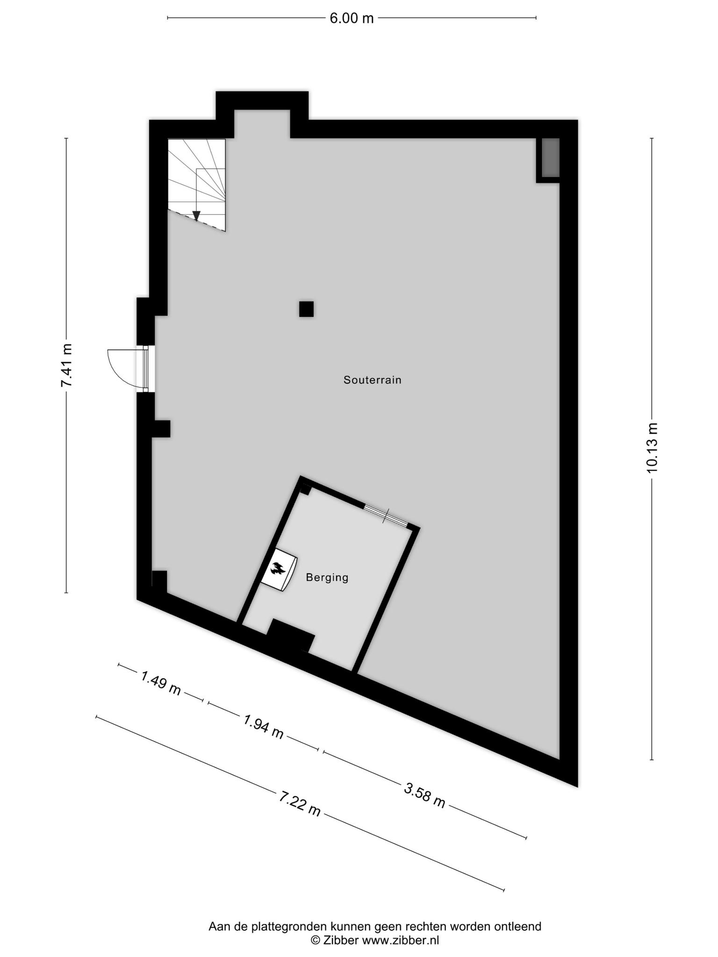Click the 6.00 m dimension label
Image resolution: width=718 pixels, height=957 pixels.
[x=352, y=19]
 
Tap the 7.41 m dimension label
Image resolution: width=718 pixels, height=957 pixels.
[x=67, y=365]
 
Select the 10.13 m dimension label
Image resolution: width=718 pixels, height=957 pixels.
[x=652, y=448]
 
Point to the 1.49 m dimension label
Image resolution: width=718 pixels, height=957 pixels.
[x=161, y=683]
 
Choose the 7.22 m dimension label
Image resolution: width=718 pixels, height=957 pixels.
[x=300, y=804]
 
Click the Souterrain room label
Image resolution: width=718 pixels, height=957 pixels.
[x=373, y=380]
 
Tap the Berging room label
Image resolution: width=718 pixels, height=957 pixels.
[x=327, y=578]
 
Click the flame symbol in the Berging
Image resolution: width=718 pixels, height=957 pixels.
[x=278, y=569]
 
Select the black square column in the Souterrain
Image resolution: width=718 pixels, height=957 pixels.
[x=306, y=309]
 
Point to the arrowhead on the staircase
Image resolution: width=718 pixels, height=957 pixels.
[x=196, y=215]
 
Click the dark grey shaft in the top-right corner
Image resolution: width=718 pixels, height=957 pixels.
[x=550, y=157]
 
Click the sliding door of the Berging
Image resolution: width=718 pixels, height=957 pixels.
[x=386, y=515]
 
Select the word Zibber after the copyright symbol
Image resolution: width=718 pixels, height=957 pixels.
[x=341, y=940]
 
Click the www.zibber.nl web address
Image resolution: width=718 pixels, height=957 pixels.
[x=401, y=940]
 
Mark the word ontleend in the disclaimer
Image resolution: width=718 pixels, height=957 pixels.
[x=519, y=926]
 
